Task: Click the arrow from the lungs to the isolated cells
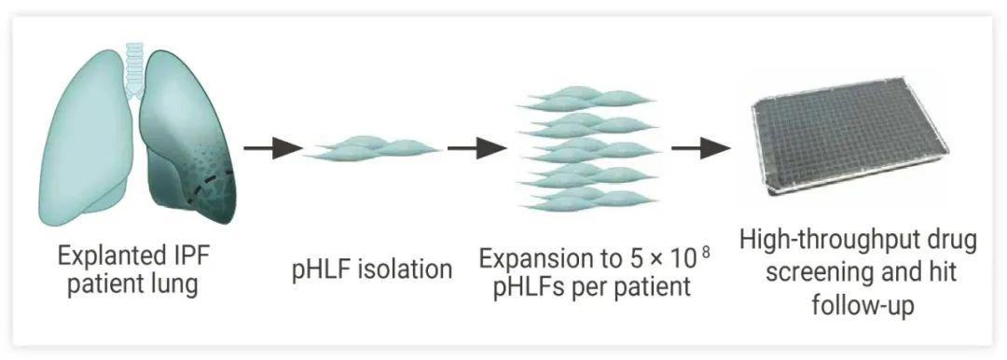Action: coord(273,148)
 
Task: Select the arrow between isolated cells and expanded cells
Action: coord(477,148)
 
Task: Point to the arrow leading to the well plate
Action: coord(701,148)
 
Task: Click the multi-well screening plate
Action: coord(849,136)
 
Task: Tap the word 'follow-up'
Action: coord(862,305)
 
